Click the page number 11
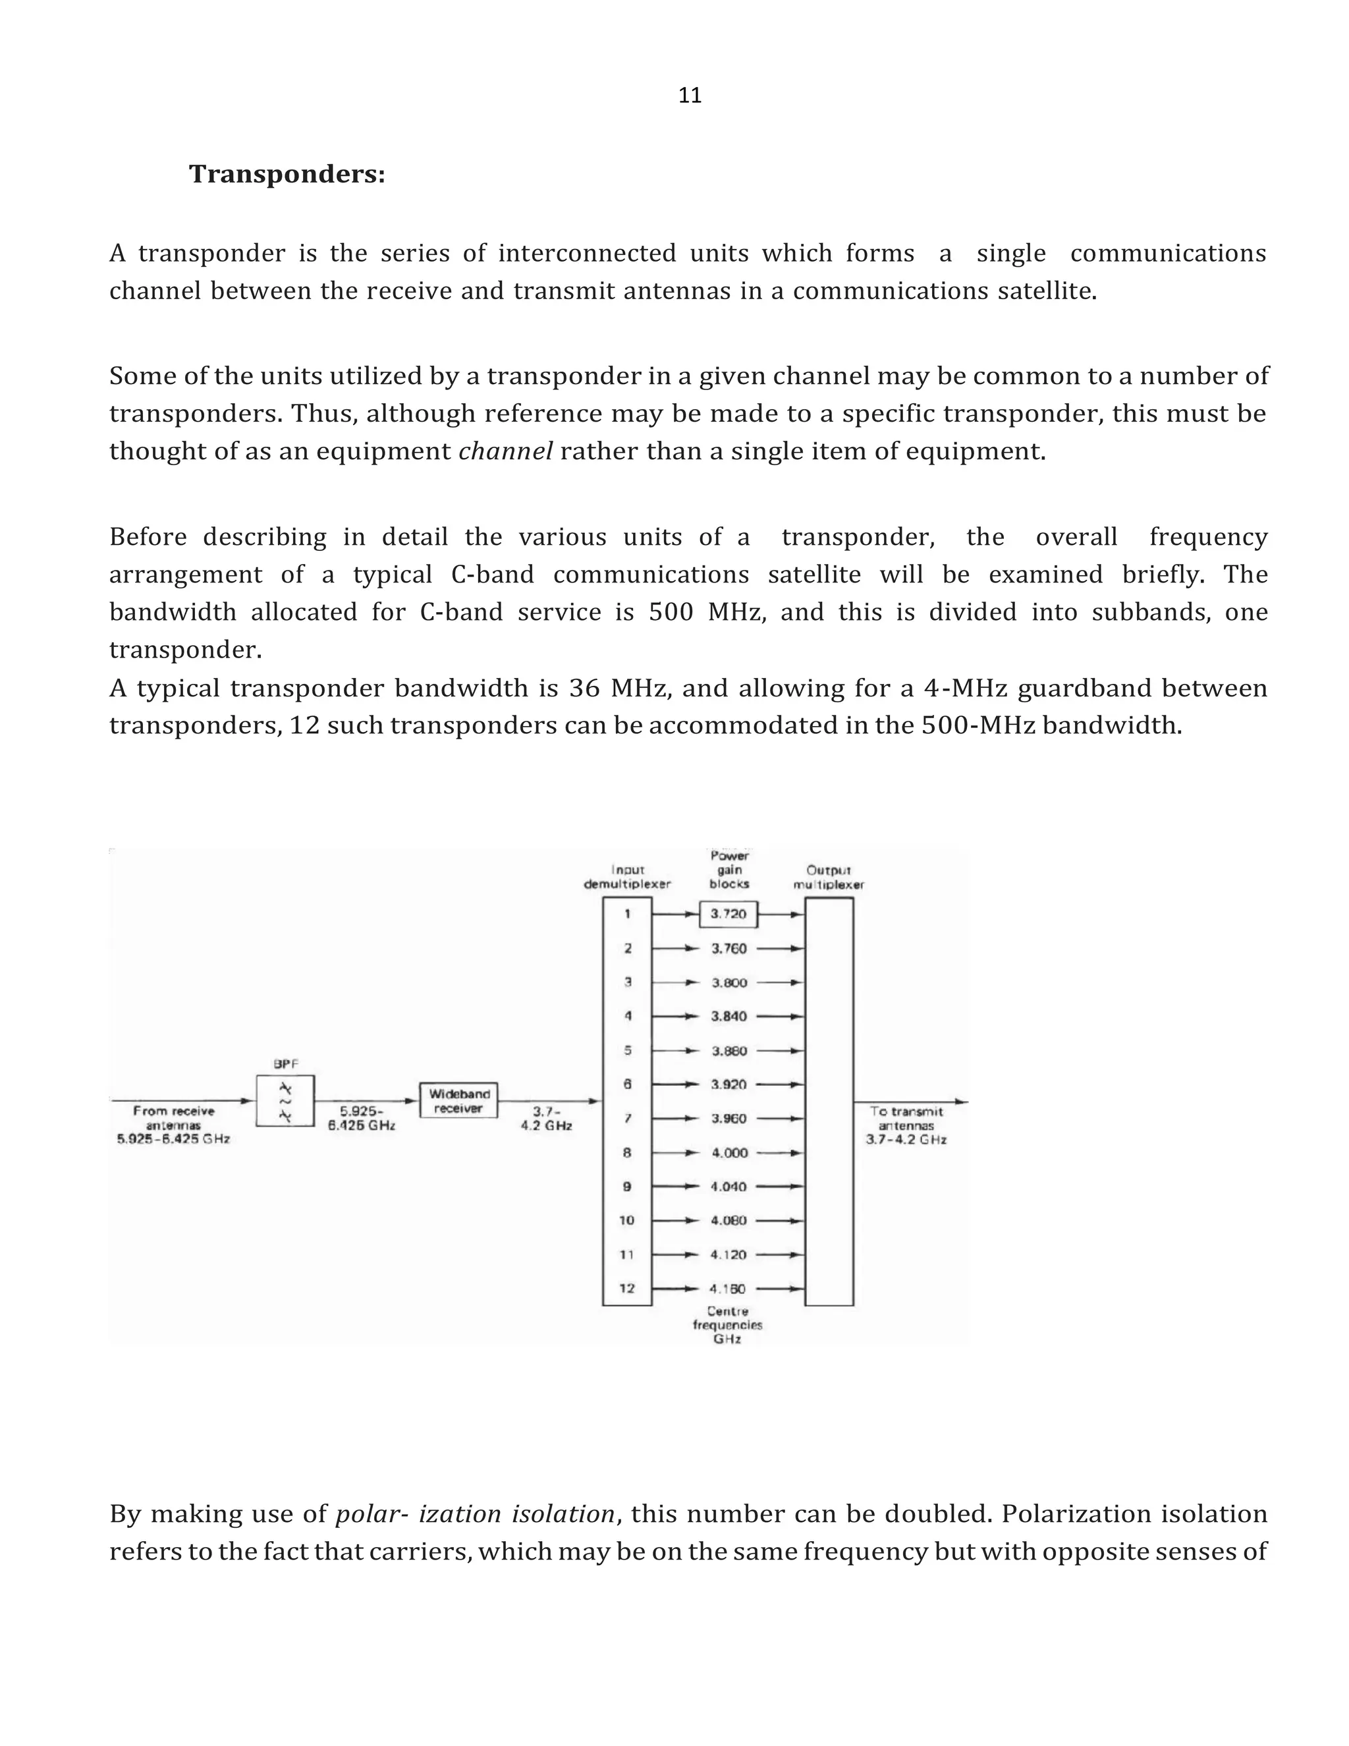(x=689, y=96)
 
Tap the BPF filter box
(x=285, y=1101)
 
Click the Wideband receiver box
(x=458, y=1101)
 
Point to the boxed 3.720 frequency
(x=728, y=914)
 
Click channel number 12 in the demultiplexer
(x=626, y=1289)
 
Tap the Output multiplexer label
(x=829, y=877)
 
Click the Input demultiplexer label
(x=627, y=877)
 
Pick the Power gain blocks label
(x=729, y=870)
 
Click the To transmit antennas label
(x=906, y=1125)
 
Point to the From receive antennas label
(x=173, y=1125)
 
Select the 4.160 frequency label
(x=728, y=1289)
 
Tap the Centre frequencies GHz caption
(x=727, y=1325)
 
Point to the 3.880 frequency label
(x=729, y=1050)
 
